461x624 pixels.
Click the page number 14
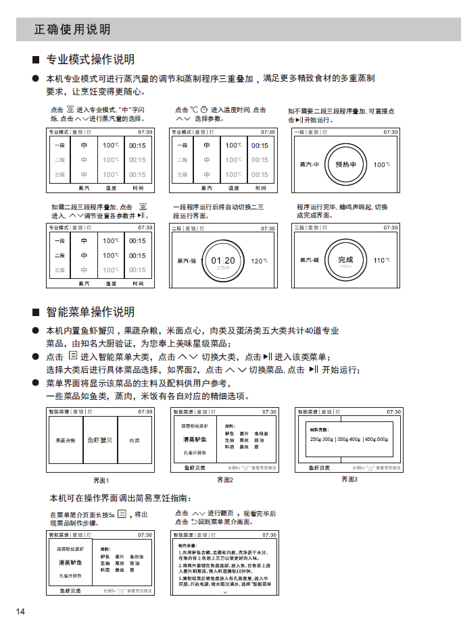[x=20, y=612]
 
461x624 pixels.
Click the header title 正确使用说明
[x=72, y=30]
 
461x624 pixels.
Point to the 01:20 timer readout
[x=223, y=261]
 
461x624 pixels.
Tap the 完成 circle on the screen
[x=345, y=260]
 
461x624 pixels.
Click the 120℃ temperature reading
[x=260, y=261]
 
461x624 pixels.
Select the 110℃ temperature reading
[x=383, y=260]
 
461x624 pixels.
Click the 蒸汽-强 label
[x=187, y=261]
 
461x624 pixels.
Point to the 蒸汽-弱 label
[x=310, y=260]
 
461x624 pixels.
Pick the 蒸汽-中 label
[x=309, y=164]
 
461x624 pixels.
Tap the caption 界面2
[x=225, y=480]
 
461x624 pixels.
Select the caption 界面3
[x=349, y=479]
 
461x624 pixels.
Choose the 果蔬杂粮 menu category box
[x=66, y=440]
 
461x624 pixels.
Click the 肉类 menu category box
[x=134, y=440]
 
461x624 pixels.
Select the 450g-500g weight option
[x=376, y=440]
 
